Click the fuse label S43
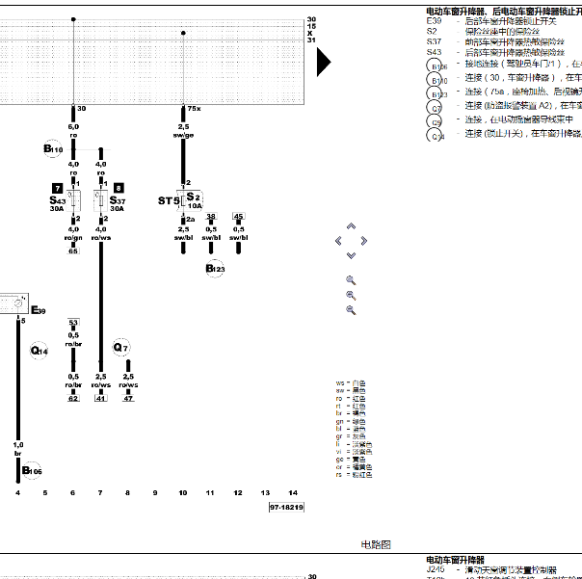pyautogui.click(x=57, y=200)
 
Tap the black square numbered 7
pyautogui.click(x=58, y=187)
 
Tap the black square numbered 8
pyautogui.click(x=118, y=187)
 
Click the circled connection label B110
pyautogui.click(x=53, y=149)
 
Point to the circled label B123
pyautogui.click(x=214, y=269)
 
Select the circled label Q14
pyautogui.click(x=40, y=352)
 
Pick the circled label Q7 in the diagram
pyautogui.click(x=120, y=347)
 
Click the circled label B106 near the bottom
pyautogui.click(x=32, y=470)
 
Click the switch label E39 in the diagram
pyautogui.click(x=38, y=310)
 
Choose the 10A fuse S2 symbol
pyautogui.click(x=193, y=199)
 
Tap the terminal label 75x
pyautogui.click(x=193, y=109)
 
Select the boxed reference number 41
pyautogui.click(x=100, y=398)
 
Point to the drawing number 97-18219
pyautogui.click(x=286, y=507)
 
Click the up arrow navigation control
pyautogui.click(x=351, y=228)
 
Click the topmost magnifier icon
pyautogui.click(x=351, y=279)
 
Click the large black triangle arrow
pyautogui.click(x=324, y=62)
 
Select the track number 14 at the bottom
pyautogui.click(x=293, y=492)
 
